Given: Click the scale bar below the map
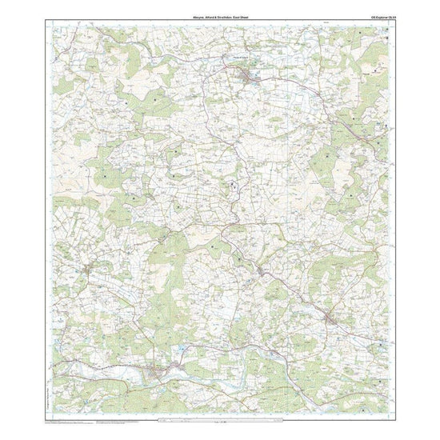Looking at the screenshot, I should coord(219,418).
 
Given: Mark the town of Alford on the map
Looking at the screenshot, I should coord(249,77).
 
